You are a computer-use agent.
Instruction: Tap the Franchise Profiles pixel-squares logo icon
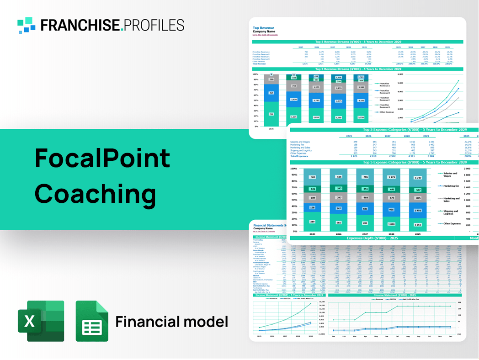click(26, 25)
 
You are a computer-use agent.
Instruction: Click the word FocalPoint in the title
click(102, 159)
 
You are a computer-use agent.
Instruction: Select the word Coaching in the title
click(95, 193)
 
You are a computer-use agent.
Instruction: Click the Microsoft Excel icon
click(41, 321)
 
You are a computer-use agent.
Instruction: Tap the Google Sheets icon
click(92, 322)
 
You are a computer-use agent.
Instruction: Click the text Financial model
click(171, 322)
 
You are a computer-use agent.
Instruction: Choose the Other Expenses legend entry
click(451, 224)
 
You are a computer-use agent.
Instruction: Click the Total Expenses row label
click(300, 156)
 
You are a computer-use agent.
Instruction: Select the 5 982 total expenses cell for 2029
click(425, 156)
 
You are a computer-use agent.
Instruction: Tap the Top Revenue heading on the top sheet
click(262, 28)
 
